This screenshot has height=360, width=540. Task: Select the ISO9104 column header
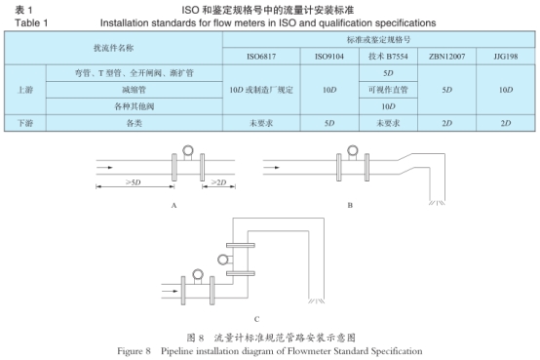328,57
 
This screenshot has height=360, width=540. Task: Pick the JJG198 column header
505,57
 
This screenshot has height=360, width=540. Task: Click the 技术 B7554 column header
387,57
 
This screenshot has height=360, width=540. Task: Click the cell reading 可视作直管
387,89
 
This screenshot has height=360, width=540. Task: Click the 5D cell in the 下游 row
328,123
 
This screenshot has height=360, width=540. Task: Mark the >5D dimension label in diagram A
134,181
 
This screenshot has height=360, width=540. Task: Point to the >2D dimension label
219,181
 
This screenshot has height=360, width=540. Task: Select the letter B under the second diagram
350,206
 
